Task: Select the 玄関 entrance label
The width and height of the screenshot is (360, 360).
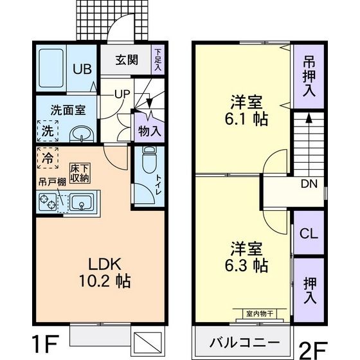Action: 127,60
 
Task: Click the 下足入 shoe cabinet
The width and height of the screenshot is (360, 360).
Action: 157,59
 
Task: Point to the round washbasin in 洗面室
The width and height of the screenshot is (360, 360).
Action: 80,134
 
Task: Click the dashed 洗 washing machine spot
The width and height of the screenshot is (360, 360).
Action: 48,130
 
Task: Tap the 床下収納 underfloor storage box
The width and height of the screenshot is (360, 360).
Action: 78,174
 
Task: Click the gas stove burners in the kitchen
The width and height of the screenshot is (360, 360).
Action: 48,204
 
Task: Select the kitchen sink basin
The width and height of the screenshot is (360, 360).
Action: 81,204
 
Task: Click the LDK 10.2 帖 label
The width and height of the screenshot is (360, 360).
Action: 96,272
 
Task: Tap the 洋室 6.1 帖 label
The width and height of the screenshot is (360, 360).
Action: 246,110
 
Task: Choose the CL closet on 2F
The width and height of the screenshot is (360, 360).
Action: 309,234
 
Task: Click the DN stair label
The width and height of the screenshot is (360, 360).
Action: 309,184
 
